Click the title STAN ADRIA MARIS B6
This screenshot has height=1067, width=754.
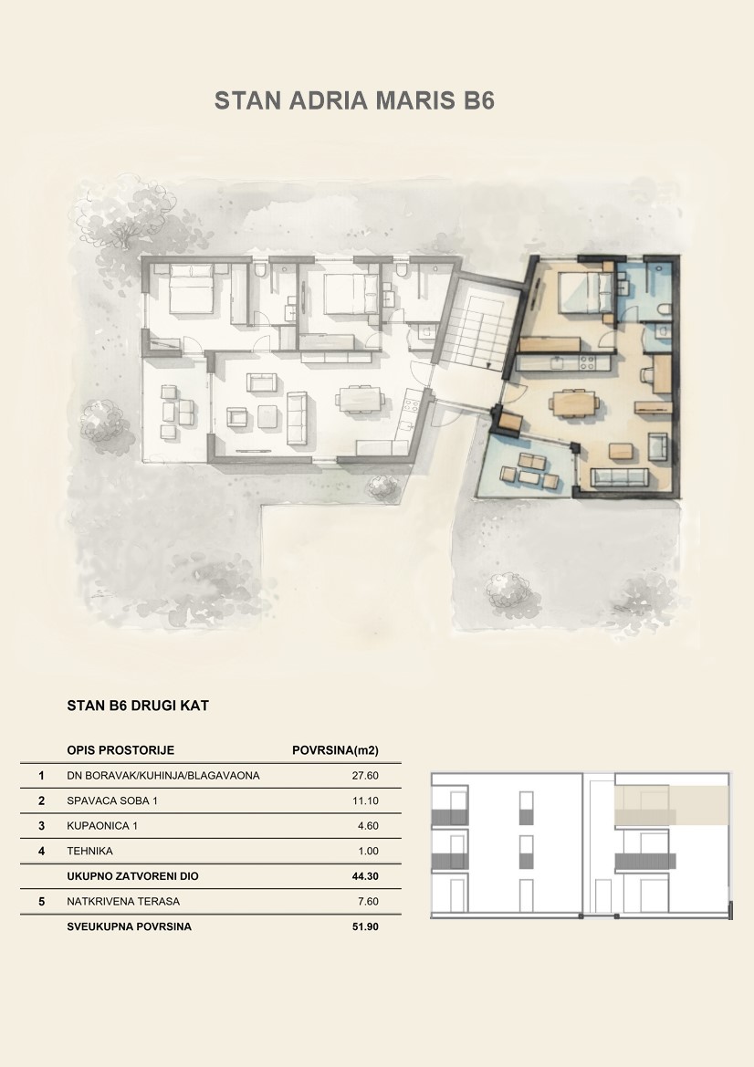(354, 100)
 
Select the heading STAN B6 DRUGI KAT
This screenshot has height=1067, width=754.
(138, 706)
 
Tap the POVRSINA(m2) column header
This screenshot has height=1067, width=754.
(335, 750)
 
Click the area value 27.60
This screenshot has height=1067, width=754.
(365, 776)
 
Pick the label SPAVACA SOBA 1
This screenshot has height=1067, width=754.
(112, 800)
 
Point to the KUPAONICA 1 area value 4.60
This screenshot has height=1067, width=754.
(368, 826)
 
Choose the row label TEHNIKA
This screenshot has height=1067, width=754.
(89, 852)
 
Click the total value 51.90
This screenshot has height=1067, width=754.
(365, 926)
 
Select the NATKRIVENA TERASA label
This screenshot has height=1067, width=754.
(123, 902)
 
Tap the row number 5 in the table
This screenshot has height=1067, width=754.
(41, 902)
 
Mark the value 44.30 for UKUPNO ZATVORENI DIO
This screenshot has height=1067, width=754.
(365, 876)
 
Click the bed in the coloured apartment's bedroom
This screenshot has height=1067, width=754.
(581, 293)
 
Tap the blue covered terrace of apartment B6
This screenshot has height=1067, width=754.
(527, 466)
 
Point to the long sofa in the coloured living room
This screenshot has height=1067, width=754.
(619, 477)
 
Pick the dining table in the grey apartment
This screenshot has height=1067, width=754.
(361, 400)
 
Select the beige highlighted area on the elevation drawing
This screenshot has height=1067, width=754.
(672, 806)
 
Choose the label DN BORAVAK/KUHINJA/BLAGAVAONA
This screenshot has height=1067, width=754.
(163, 776)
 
